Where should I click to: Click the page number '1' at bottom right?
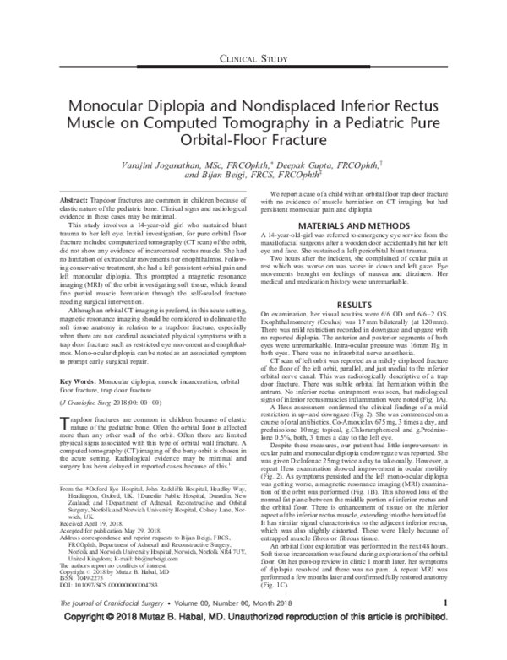(444, 624)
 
